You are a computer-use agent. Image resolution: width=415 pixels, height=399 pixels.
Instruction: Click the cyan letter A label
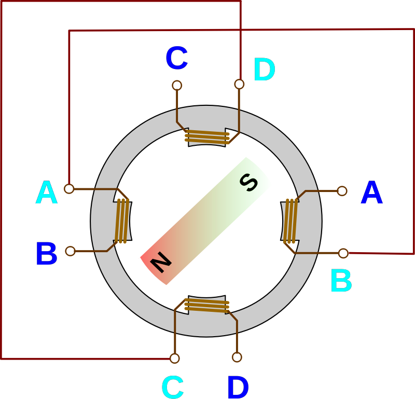point(46,193)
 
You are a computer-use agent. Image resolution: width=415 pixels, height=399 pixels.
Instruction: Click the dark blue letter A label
point(371,193)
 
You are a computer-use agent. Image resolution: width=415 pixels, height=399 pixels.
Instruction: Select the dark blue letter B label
point(46,254)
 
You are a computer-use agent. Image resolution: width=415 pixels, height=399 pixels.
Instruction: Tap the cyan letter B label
point(341,281)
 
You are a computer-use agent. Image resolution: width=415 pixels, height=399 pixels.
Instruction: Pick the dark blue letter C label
point(176,59)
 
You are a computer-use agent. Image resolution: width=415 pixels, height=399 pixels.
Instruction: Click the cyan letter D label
point(264,71)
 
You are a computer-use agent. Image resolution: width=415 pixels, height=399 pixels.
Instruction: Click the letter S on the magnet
point(249,182)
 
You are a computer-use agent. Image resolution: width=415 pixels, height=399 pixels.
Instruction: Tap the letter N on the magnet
point(161,263)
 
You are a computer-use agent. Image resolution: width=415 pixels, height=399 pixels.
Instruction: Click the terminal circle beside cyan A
point(69,189)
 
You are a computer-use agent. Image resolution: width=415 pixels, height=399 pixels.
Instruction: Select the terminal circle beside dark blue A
point(342,191)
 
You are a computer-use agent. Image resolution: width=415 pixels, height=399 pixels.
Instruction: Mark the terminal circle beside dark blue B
point(70,251)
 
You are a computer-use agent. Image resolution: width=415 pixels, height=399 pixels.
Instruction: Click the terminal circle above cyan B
point(343,253)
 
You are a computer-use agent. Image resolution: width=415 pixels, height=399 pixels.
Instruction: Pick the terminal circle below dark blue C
point(177,85)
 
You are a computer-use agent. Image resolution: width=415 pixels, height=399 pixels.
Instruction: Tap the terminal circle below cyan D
point(239,84)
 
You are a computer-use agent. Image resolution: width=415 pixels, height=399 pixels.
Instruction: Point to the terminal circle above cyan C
point(175,358)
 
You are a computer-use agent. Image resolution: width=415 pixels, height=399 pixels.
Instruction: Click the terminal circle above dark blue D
point(237,357)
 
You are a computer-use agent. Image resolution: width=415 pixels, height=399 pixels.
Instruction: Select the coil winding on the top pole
point(207,137)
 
